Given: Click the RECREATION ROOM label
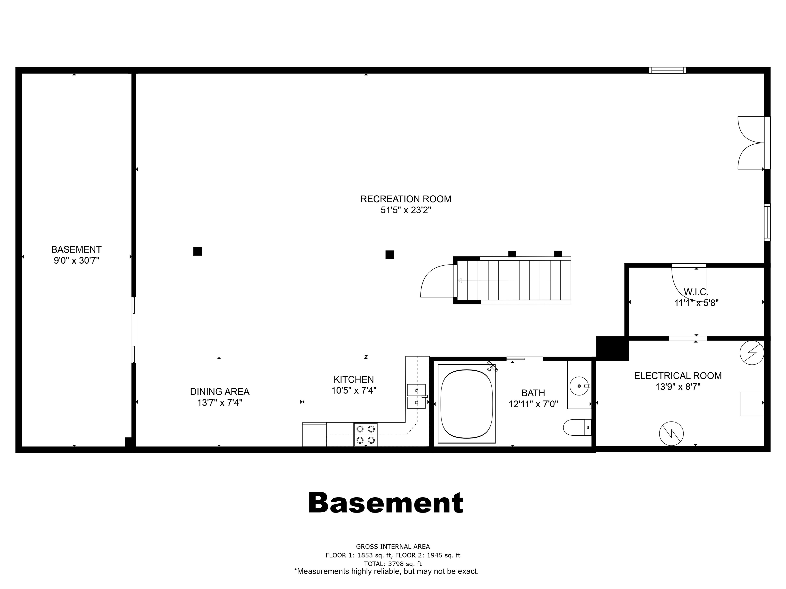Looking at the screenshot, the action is [406, 199].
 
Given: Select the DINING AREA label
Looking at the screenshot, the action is [220, 392].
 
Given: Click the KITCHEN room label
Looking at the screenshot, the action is [353, 380].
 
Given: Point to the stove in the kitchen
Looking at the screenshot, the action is [366, 434].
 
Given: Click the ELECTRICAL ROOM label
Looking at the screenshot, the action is [678, 376].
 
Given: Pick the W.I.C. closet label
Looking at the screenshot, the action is [696, 292].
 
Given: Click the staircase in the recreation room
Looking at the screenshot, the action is [512, 280].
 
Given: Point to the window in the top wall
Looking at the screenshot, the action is [667, 70].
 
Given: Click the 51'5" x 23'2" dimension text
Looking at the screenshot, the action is [406, 210].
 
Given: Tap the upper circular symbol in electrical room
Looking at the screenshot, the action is [752, 353].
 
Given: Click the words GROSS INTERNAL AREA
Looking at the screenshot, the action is [393, 547].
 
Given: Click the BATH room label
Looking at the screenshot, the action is [533, 393].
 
